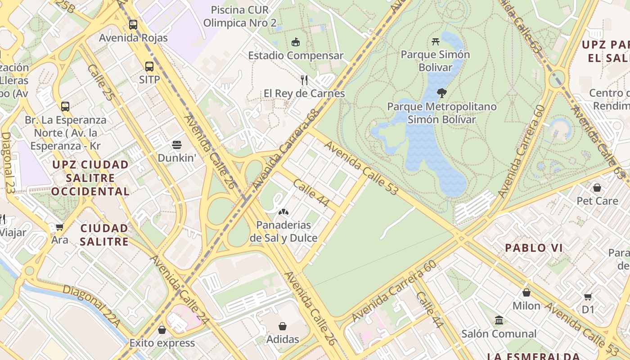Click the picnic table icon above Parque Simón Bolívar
(435, 42)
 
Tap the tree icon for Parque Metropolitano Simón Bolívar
(442, 94)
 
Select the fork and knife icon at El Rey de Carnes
(304, 80)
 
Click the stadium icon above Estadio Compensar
(296, 42)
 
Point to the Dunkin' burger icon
(177, 145)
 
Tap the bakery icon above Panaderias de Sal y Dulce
(283, 211)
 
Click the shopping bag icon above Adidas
(283, 326)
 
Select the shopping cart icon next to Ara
(59, 227)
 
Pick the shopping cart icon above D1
(588, 297)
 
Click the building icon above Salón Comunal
(499, 320)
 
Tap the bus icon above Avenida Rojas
(133, 24)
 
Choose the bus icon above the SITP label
(149, 67)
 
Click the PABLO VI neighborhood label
(534, 248)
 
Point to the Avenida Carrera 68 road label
(286, 149)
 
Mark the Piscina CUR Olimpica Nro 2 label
(240, 16)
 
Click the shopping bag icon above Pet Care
(597, 187)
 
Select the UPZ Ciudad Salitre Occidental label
(90, 178)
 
